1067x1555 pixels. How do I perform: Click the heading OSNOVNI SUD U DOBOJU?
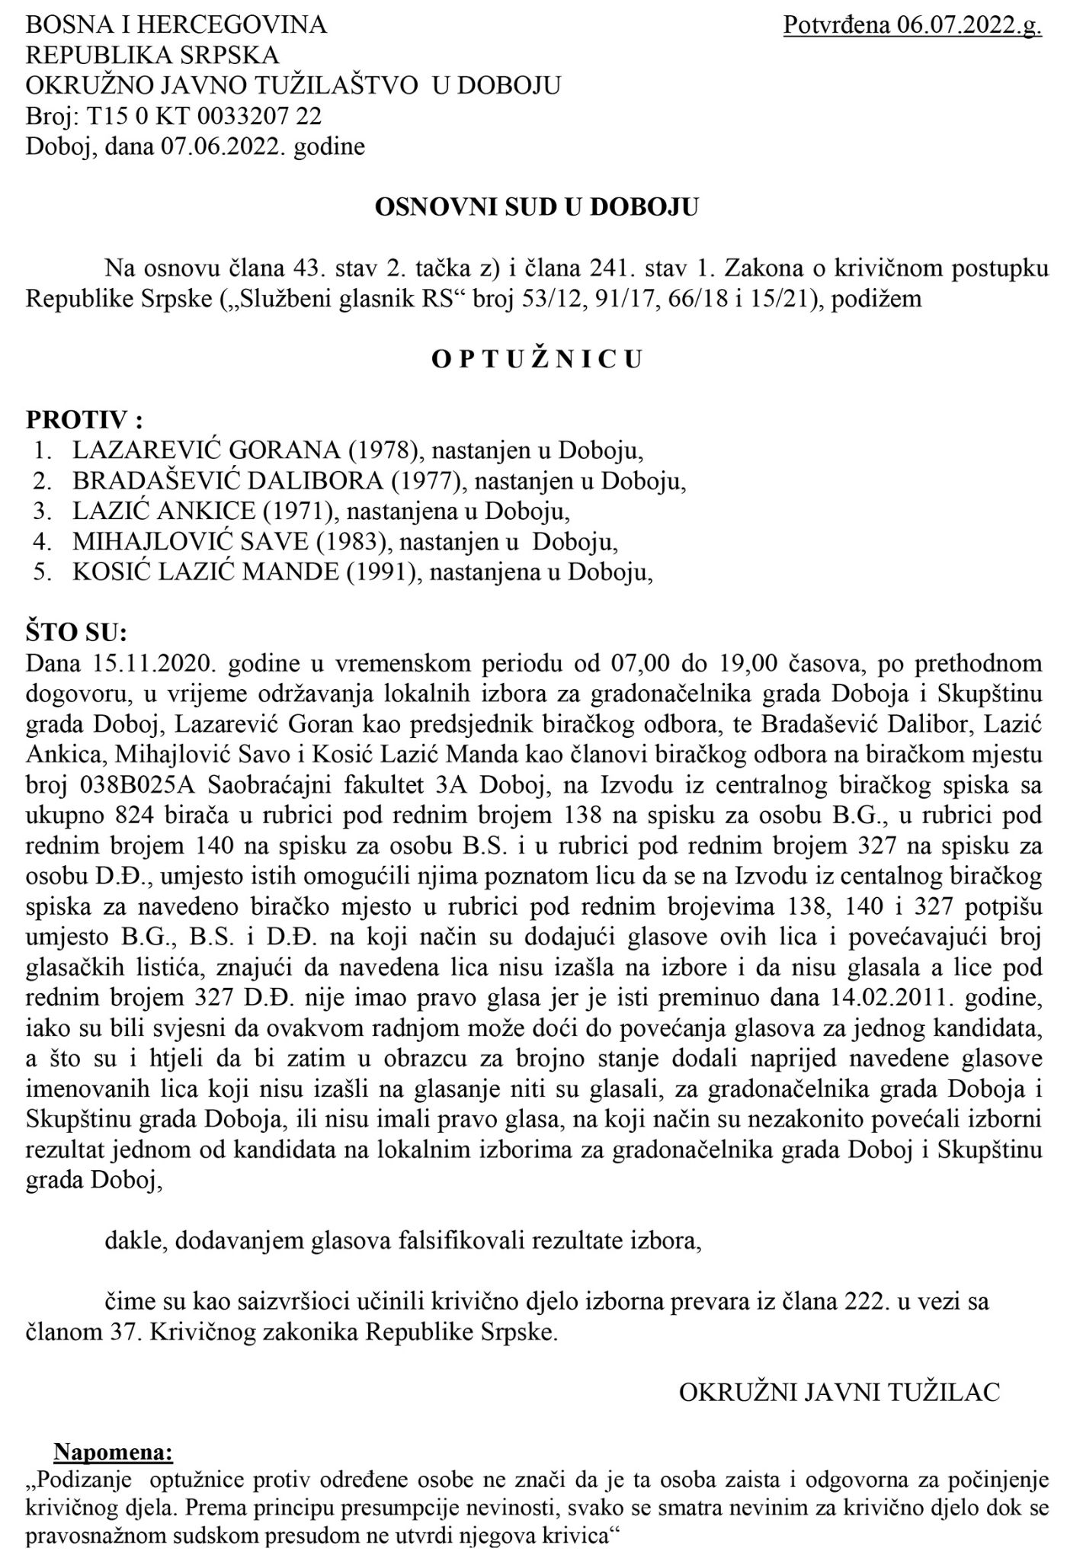tap(536, 207)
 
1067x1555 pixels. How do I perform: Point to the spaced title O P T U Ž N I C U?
tap(536, 359)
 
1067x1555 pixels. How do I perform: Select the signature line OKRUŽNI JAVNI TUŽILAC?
tap(839, 1392)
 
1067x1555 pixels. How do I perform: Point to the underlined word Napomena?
tap(114, 1453)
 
